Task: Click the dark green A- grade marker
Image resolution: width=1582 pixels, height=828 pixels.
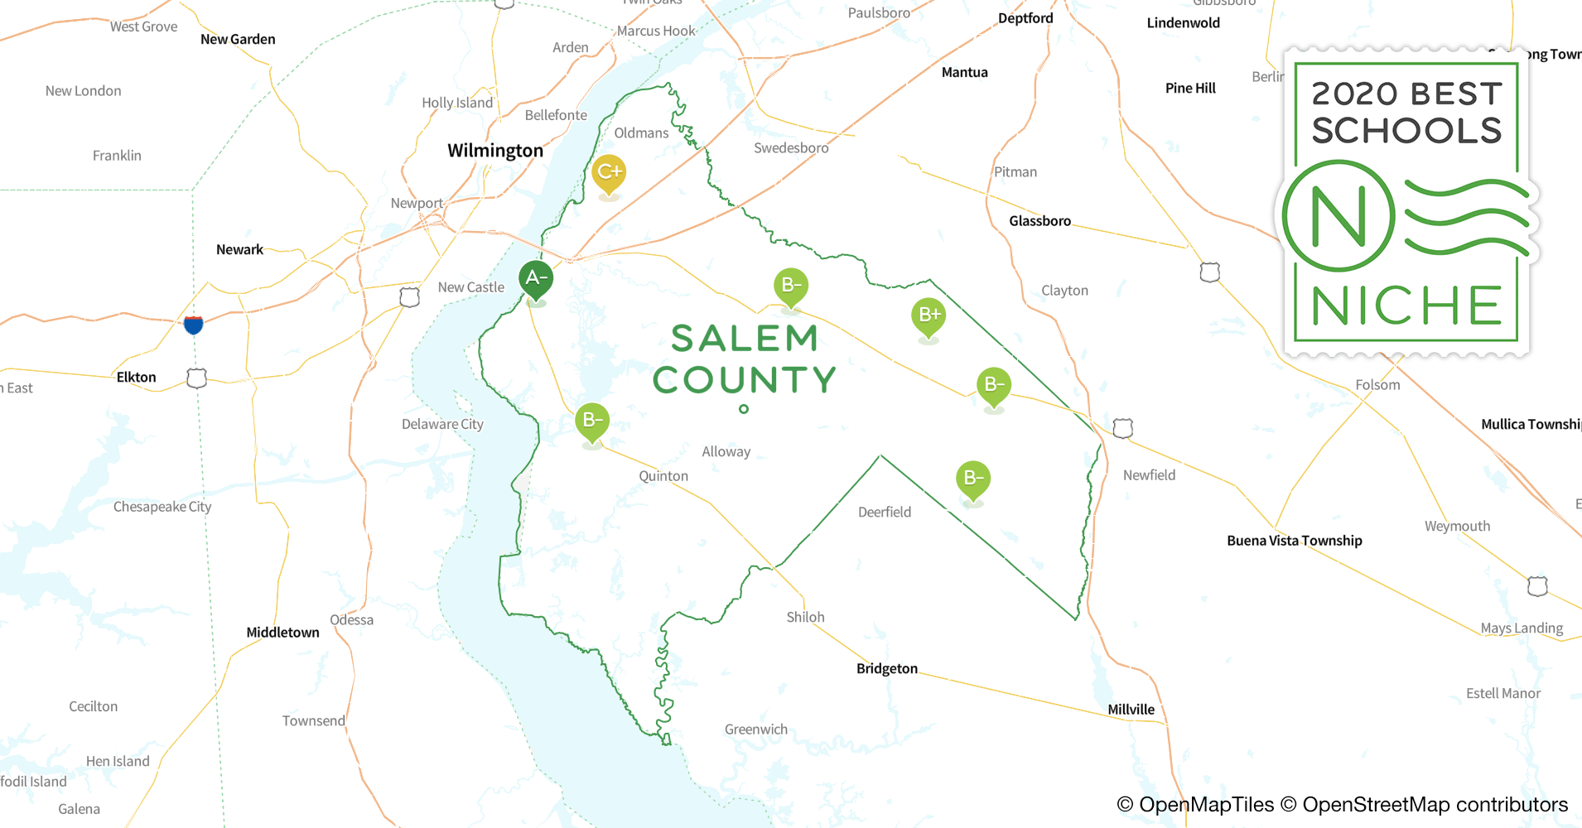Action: click(536, 279)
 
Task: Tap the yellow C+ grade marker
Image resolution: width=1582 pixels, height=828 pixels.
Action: click(609, 173)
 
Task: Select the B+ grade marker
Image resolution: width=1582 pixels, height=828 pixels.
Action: click(928, 315)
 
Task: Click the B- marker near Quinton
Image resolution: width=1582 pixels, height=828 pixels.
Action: click(592, 421)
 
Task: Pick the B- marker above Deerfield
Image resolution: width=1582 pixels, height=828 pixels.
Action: click(973, 479)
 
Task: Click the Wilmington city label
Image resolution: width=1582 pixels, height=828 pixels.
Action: click(495, 151)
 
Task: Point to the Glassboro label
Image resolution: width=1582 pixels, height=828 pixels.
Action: click(1039, 221)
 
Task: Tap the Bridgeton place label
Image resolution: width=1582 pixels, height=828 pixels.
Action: click(886, 668)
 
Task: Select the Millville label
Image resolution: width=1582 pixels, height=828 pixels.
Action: click(1131, 710)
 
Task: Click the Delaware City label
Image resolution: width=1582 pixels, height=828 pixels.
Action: click(442, 424)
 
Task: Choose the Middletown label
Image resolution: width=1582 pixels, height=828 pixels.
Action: click(282, 633)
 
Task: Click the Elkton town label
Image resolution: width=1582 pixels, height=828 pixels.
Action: click(136, 378)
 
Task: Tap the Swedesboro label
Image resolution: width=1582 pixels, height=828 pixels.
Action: click(791, 148)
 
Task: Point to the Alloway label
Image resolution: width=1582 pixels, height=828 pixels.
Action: click(726, 452)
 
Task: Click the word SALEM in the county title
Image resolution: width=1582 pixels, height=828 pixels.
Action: click(744, 339)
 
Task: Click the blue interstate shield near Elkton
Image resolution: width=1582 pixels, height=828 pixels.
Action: click(193, 324)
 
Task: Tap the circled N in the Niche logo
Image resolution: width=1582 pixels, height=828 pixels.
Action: click(1338, 217)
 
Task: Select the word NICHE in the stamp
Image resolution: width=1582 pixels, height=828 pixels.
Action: click(1406, 306)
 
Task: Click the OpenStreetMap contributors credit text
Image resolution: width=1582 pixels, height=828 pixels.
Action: click(1435, 805)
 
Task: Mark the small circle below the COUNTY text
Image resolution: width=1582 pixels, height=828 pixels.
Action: click(744, 409)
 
